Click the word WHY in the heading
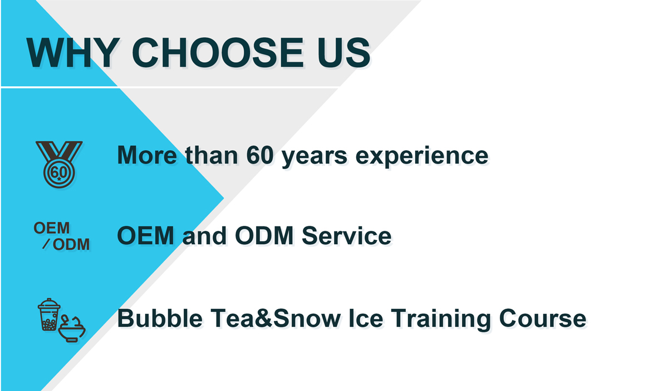point(73,53)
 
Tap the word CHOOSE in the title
point(218,53)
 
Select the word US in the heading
point(343,53)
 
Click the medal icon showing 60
point(59,165)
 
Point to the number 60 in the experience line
point(260,155)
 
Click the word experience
point(422,157)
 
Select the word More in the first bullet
point(147,155)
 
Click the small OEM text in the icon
point(52,228)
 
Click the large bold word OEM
point(145,235)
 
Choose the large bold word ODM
point(264,235)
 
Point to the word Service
point(346,235)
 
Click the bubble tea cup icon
point(49,314)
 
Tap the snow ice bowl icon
point(72,329)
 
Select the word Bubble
point(160,318)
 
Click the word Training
point(441,319)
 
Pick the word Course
point(543,318)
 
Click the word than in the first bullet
point(212,155)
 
